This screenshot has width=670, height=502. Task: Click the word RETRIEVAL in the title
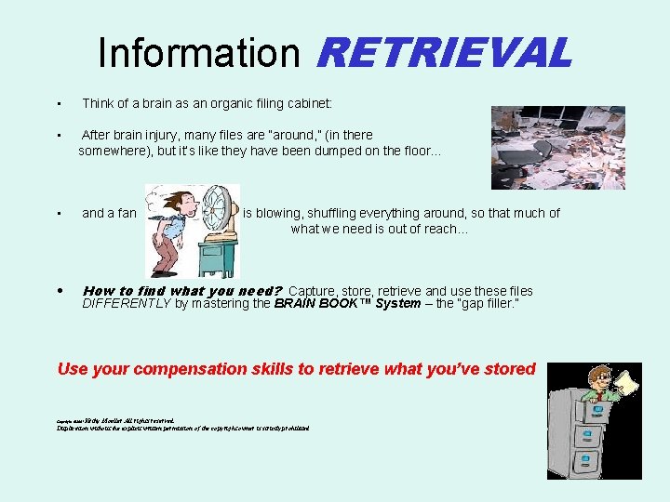443,53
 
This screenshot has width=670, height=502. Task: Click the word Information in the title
199,53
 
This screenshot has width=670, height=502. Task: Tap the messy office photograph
557,147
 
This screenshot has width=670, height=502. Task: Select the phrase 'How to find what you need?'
182,291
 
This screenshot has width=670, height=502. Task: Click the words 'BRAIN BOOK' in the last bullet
321,304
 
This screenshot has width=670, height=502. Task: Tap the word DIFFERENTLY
126,304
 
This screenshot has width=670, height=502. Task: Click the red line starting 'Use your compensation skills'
296,369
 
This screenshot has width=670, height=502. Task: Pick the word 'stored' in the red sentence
509,369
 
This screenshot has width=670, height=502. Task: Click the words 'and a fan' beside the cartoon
109,213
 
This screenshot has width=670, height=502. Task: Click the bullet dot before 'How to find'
59,291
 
